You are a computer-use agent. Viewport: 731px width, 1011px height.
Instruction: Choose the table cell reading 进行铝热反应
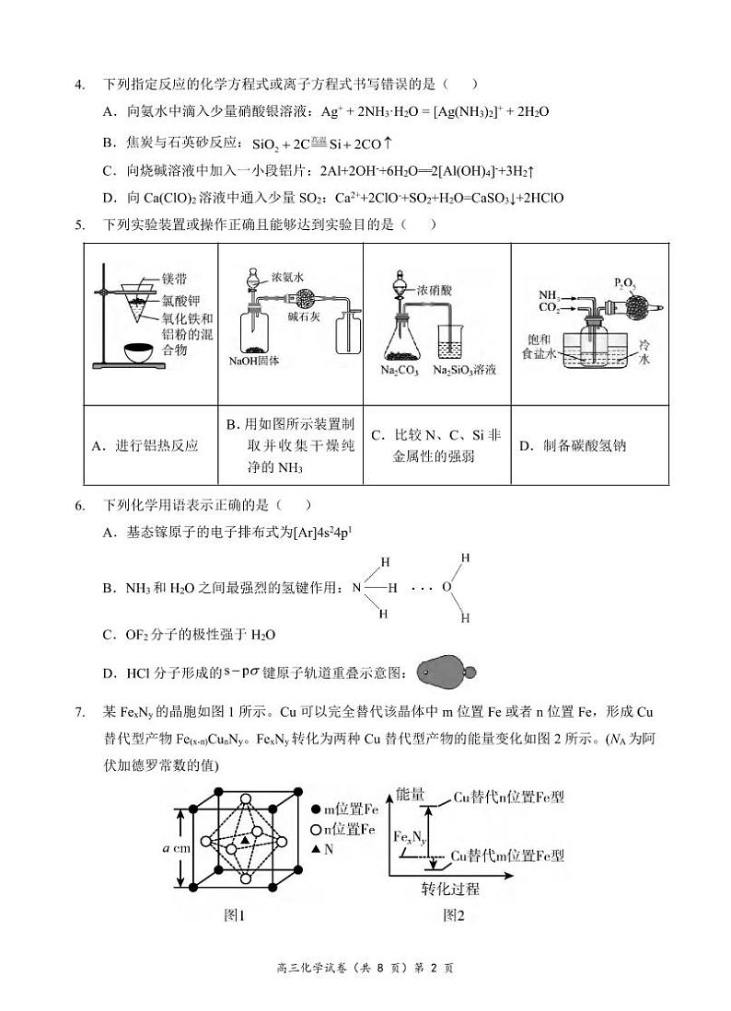click(x=145, y=446)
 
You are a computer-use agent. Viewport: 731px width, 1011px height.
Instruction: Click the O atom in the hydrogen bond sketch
click(x=447, y=586)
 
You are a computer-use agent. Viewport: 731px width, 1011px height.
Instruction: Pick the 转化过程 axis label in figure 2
click(x=451, y=890)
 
